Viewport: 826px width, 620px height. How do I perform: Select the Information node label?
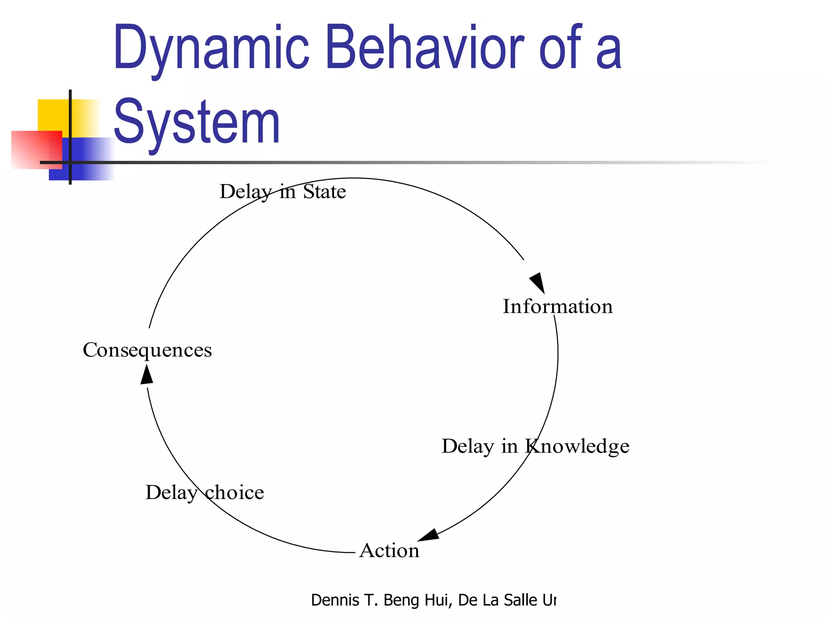pyautogui.click(x=557, y=306)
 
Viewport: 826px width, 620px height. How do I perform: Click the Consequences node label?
pyautogui.click(x=147, y=350)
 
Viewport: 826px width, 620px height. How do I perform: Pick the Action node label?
pyautogui.click(x=389, y=551)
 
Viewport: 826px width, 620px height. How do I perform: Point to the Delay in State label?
pyautogui.click(x=282, y=191)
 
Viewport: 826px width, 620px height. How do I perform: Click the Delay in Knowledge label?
pyautogui.click(x=535, y=446)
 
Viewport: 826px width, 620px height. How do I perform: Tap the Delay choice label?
pyautogui.click(x=204, y=492)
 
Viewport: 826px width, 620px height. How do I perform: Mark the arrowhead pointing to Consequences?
pyautogui.click(x=147, y=375)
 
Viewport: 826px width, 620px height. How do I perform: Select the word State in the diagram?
pyautogui.click(x=324, y=191)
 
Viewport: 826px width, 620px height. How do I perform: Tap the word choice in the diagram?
pyautogui.click(x=234, y=492)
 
